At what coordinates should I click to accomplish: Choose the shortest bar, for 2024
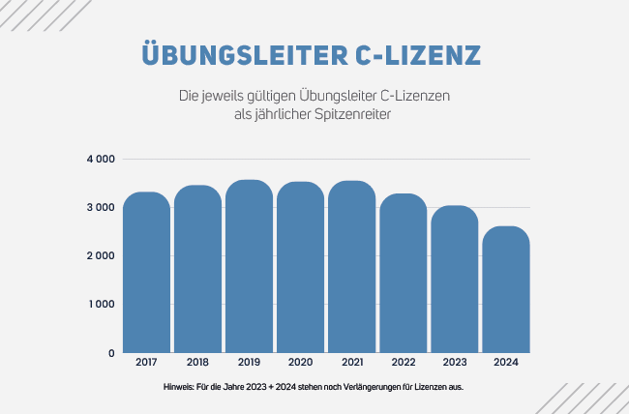pyautogui.click(x=504, y=290)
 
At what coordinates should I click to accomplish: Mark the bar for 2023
pyautogui.click(x=453, y=280)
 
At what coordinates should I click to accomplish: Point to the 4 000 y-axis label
pyautogui.click(x=101, y=159)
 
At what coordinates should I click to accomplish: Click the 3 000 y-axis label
pyautogui.click(x=101, y=207)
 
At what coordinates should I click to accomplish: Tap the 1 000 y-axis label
pyautogui.click(x=101, y=305)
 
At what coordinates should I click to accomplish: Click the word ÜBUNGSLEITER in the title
pyautogui.click(x=241, y=54)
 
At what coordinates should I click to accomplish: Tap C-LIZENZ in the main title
pyautogui.click(x=416, y=54)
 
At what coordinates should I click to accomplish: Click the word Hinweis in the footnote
pyautogui.click(x=180, y=388)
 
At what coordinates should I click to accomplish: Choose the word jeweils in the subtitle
pyautogui.click(x=222, y=97)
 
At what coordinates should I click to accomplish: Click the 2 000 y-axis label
pyautogui.click(x=101, y=255)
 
